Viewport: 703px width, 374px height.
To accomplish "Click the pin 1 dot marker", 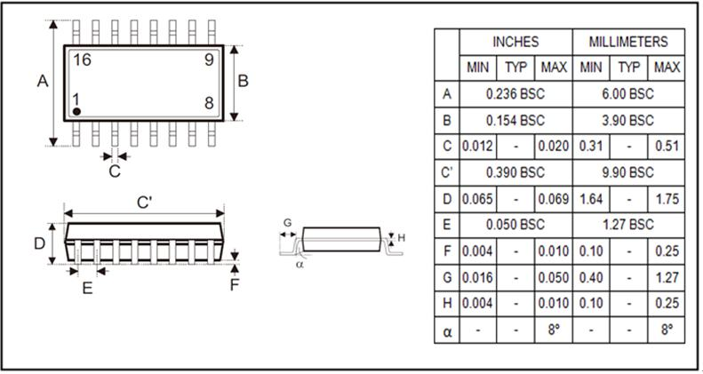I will (77, 110).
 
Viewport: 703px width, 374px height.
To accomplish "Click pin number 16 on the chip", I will (83, 60).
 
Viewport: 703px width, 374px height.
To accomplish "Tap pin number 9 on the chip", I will (208, 60).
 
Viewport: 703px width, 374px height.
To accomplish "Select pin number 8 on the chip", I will (209, 102).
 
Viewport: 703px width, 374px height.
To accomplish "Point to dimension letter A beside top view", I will (42, 82).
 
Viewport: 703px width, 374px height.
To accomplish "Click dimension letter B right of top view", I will (243, 82).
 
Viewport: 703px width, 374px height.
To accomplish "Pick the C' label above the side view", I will (144, 203).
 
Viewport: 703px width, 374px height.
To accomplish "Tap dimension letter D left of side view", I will (39, 243).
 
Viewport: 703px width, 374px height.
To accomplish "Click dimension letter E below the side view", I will (87, 288).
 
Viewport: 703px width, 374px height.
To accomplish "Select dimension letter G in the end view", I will (286, 222).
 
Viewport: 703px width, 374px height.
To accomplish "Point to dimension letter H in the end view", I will (401, 237).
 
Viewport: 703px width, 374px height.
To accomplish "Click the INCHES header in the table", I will (515, 42).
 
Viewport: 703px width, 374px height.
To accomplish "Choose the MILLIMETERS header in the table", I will (628, 42).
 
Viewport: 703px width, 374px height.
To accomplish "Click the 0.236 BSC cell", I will (515, 93).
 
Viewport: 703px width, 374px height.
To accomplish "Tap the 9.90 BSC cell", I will (628, 171).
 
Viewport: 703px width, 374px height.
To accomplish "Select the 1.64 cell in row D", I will (592, 198).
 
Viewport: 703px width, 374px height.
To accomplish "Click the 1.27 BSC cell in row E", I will (628, 224).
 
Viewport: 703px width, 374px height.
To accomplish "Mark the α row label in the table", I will (446, 329).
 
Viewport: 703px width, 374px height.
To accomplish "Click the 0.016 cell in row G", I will (478, 276).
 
